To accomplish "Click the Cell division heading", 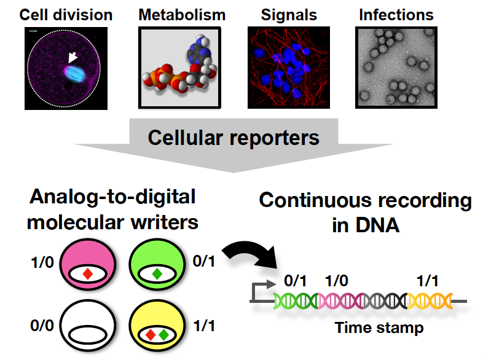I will click(x=66, y=14).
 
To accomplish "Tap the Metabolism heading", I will click(x=182, y=14).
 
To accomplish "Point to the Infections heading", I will click(x=396, y=14).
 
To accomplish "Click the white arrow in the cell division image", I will click(x=73, y=58).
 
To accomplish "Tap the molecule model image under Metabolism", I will click(x=182, y=68).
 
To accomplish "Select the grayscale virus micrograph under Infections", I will click(x=396, y=68).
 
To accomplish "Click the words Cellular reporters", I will click(x=234, y=137).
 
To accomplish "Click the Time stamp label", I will click(x=379, y=327).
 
